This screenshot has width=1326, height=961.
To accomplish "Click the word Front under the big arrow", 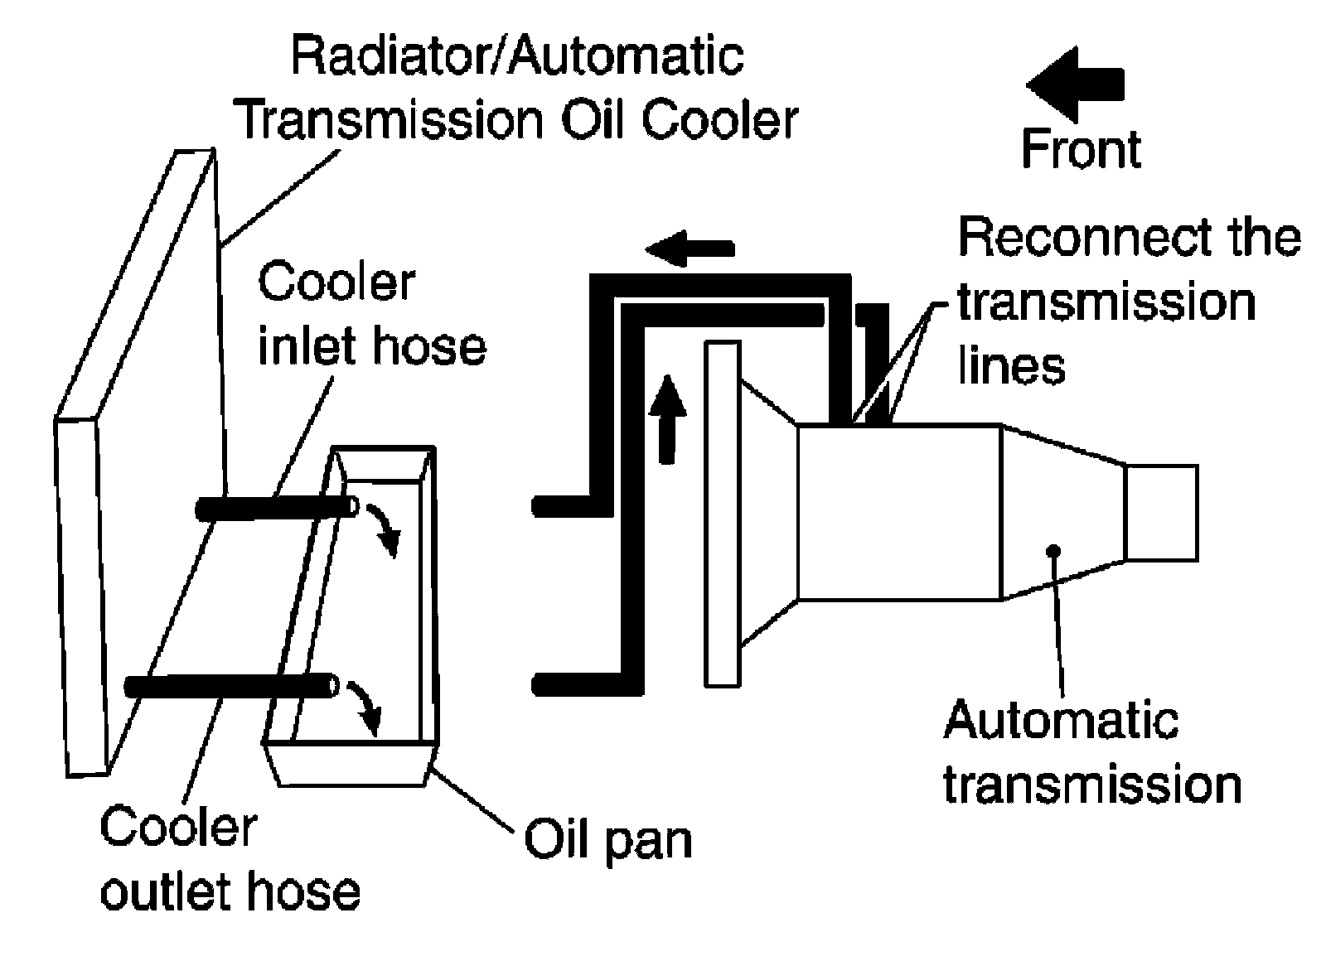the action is tap(1081, 149).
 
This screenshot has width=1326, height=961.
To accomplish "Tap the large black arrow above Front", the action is tap(1074, 85).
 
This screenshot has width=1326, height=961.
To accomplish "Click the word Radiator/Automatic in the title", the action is tap(517, 57).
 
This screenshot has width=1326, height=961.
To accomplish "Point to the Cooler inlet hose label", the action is tap(372, 314).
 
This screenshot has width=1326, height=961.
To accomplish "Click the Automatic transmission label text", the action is tap(1092, 752).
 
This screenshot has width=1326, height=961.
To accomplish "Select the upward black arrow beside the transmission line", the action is tap(668, 419).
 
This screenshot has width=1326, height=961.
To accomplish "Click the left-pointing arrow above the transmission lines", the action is tap(690, 249).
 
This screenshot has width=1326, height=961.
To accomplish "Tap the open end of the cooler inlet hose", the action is tap(352, 506).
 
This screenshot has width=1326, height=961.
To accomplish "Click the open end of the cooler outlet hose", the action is tap(333, 686).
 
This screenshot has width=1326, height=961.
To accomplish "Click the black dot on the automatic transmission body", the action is tap(1053, 551).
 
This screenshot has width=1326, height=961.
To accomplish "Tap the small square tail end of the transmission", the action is tap(1161, 513).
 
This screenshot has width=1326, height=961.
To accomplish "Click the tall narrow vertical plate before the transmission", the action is tap(722, 514).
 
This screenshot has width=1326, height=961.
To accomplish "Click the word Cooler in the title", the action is tap(719, 122).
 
